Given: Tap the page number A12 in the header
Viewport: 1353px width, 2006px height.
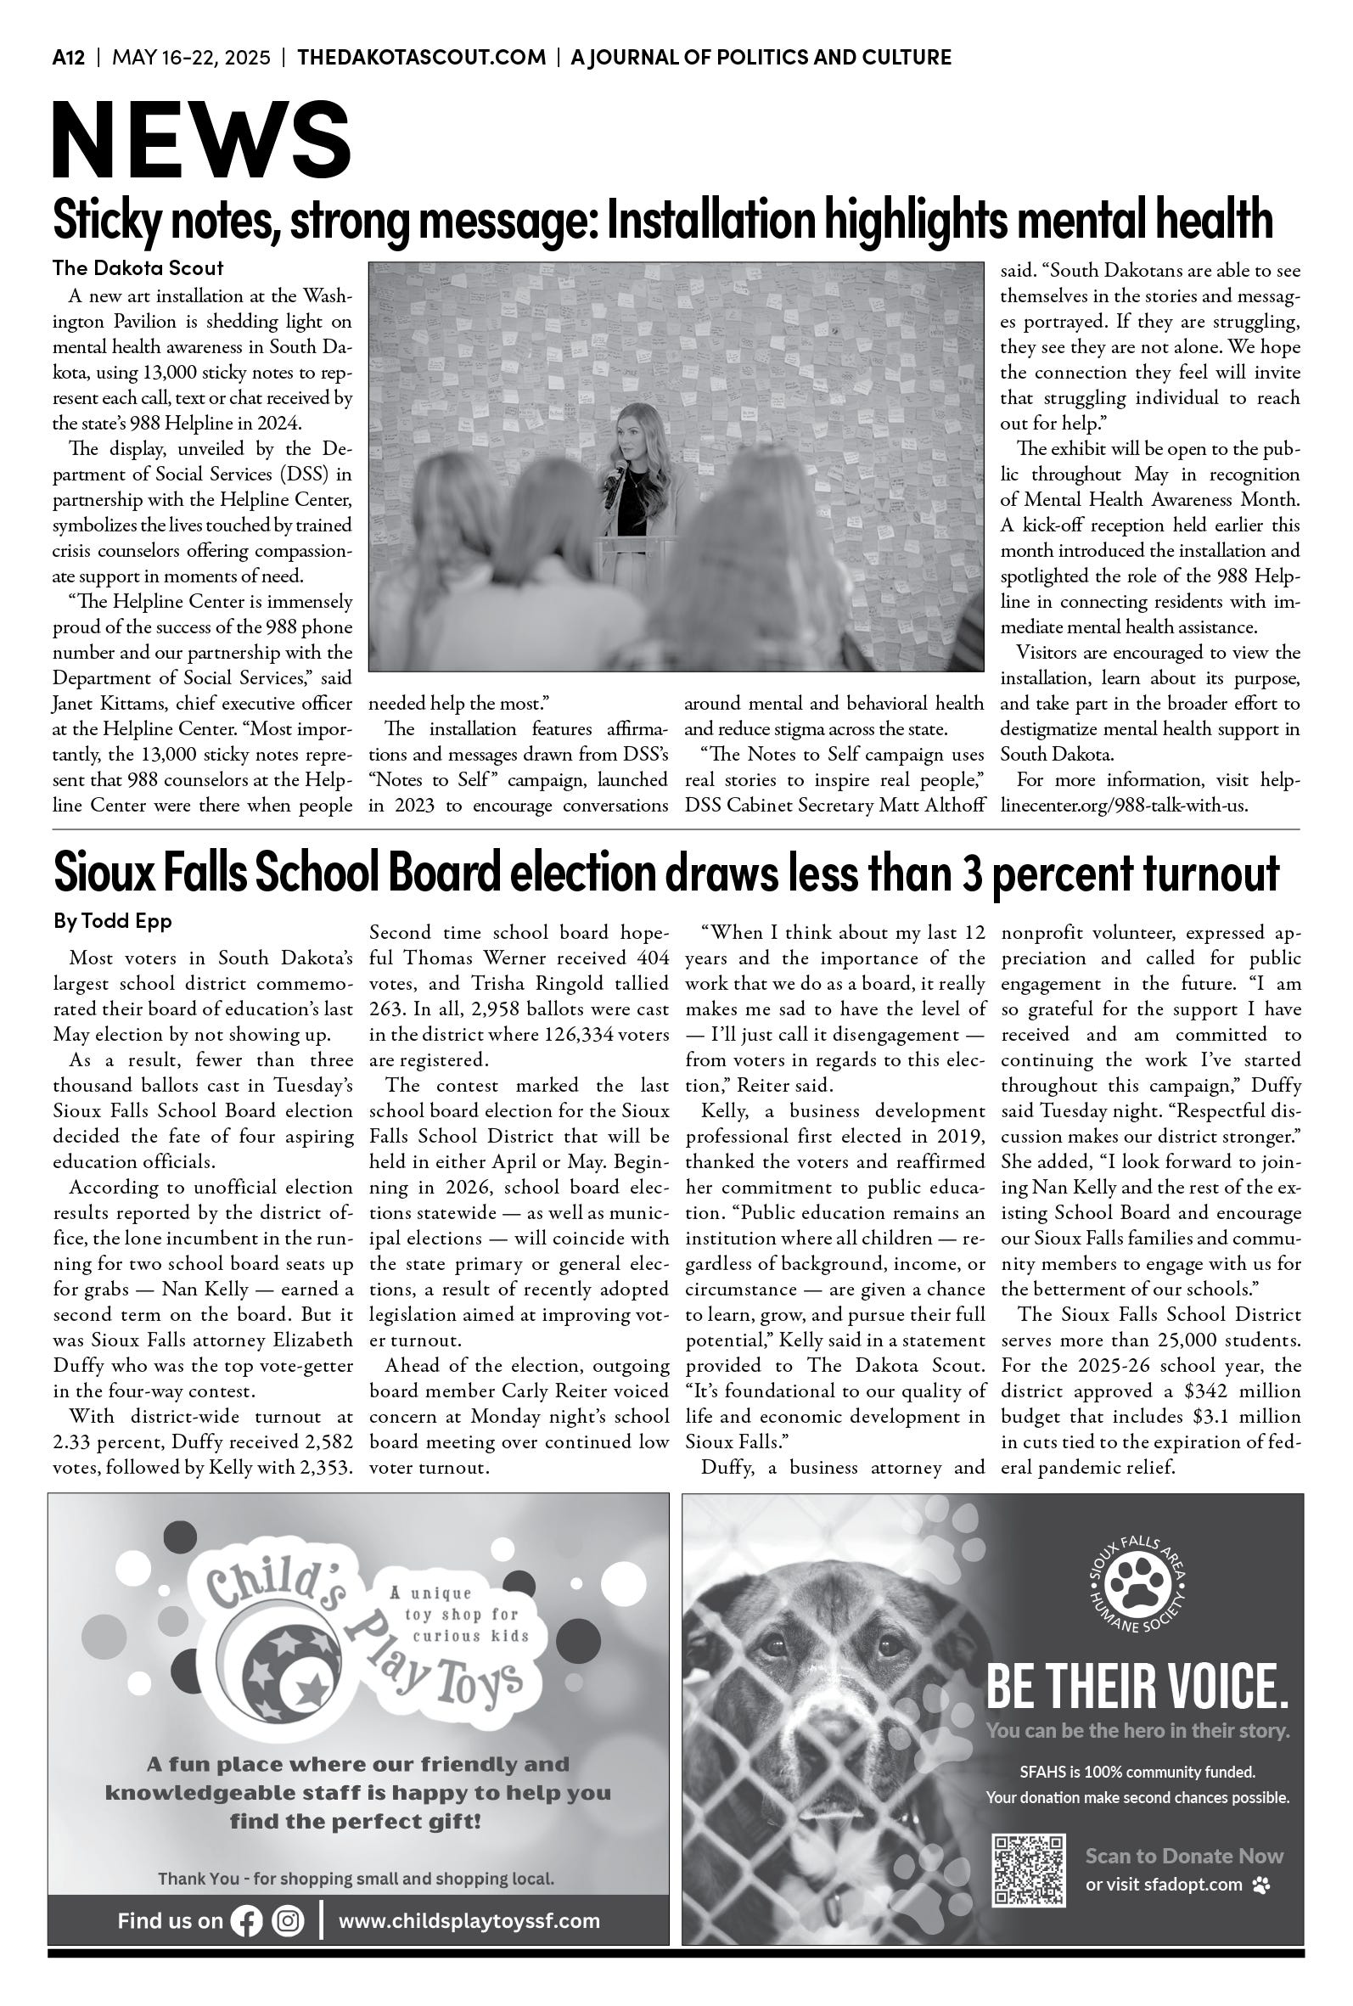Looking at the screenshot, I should (x=68, y=58).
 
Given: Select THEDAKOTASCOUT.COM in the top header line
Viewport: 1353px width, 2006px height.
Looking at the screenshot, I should (x=421, y=58).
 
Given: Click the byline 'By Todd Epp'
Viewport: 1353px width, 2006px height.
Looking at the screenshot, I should (x=112, y=921).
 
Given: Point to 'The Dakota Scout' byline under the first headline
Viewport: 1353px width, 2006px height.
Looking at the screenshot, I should (x=138, y=267).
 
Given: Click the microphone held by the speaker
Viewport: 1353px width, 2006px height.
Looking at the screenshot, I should (x=616, y=475).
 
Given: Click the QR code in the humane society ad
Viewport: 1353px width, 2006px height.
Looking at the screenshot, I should (x=1030, y=1868).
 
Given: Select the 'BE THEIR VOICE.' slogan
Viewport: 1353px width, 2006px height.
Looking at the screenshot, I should (x=1137, y=1688).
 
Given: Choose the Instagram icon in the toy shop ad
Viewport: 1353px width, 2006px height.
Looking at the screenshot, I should (x=289, y=1920).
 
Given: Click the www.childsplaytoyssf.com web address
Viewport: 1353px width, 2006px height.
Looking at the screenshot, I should (x=469, y=1920).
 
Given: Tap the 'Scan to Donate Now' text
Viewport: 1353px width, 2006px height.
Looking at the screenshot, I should (x=1184, y=1857).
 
